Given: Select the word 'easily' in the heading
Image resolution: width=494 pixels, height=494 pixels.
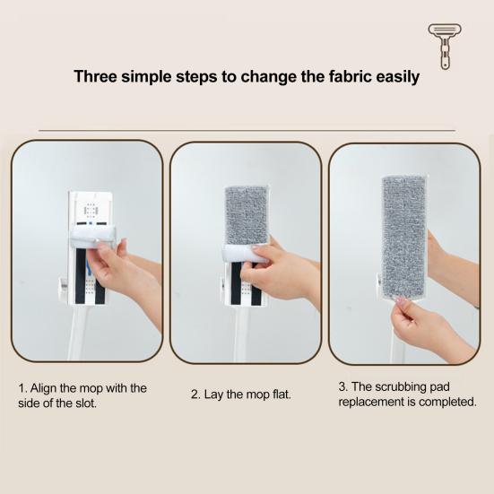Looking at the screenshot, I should pyautogui.click(x=394, y=76).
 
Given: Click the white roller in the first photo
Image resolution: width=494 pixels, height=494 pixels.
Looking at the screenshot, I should pyautogui.click(x=92, y=236).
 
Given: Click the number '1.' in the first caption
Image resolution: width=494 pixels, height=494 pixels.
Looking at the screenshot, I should pyautogui.click(x=23, y=388).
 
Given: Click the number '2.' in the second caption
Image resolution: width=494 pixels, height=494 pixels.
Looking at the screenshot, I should pyautogui.click(x=195, y=394).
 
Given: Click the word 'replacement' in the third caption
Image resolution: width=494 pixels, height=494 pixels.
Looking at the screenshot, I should pyautogui.click(x=368, y=402).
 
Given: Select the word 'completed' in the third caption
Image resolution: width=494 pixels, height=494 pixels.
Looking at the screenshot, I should pyautogui.click(x=445, y=402).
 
